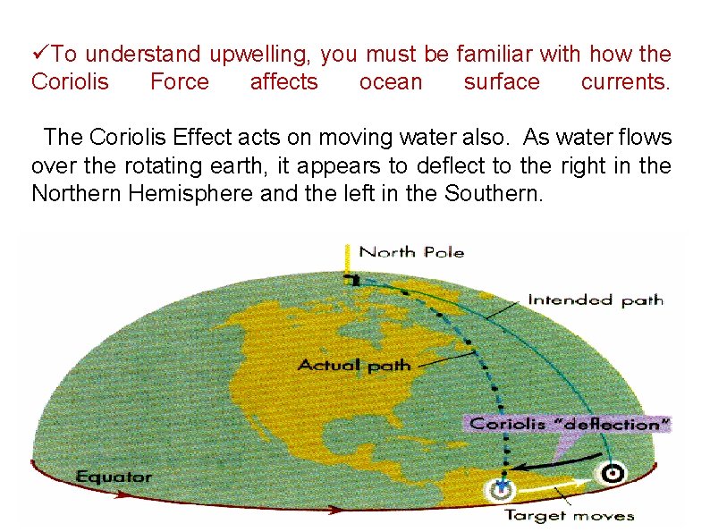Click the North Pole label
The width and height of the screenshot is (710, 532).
(411, 252)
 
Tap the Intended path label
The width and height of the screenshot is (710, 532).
(595, 300)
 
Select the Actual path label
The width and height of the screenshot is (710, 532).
(354, 364)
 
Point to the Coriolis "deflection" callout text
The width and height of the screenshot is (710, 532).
(571, 424)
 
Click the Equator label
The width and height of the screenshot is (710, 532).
(114, 476)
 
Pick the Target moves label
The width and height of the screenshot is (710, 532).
(569, 514)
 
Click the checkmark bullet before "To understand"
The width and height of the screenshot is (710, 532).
(38, 55)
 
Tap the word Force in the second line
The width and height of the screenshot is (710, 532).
(179, 82)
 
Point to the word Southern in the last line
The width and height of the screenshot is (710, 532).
(493, 192)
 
